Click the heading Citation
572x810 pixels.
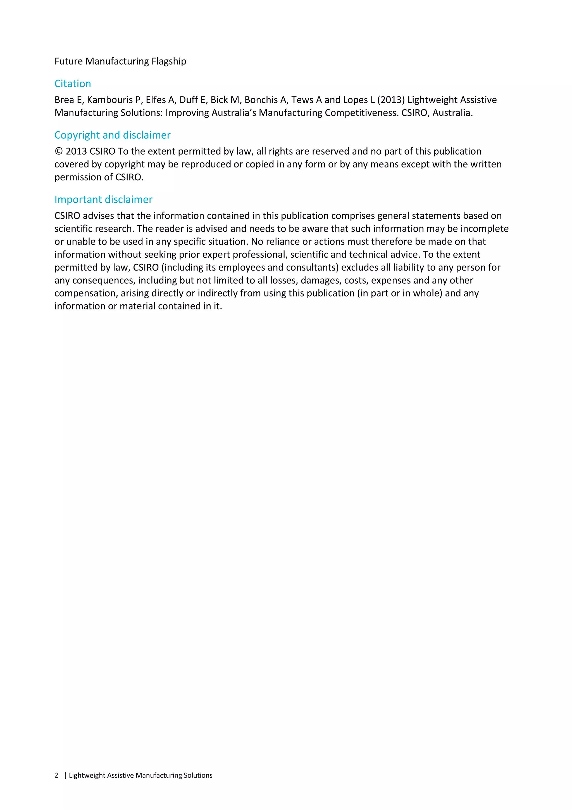(x=73, y=84)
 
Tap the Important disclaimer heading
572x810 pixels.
(x=103, y=200)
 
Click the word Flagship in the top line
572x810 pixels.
(x=169, y=61)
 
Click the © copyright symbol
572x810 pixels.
(x=58, y=151)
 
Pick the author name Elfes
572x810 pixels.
(x=155, y=100)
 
